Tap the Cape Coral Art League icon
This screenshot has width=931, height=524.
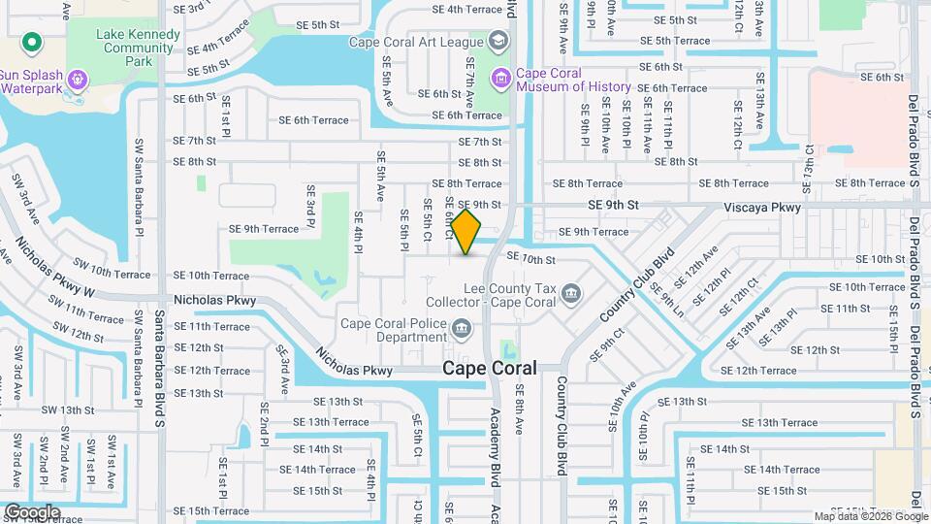[x=498, y=41]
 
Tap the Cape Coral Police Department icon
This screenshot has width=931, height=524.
[x=463, y=328]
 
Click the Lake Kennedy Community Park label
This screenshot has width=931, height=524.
[x=138, y=48]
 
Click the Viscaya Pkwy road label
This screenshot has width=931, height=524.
[x=762, y=207]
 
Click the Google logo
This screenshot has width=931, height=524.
[x=32, y=511]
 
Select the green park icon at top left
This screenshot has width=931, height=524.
[x=31, y=43]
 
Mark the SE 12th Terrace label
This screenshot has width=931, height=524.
[x=759, y=371]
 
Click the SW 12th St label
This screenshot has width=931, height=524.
[x=74, y=336]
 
